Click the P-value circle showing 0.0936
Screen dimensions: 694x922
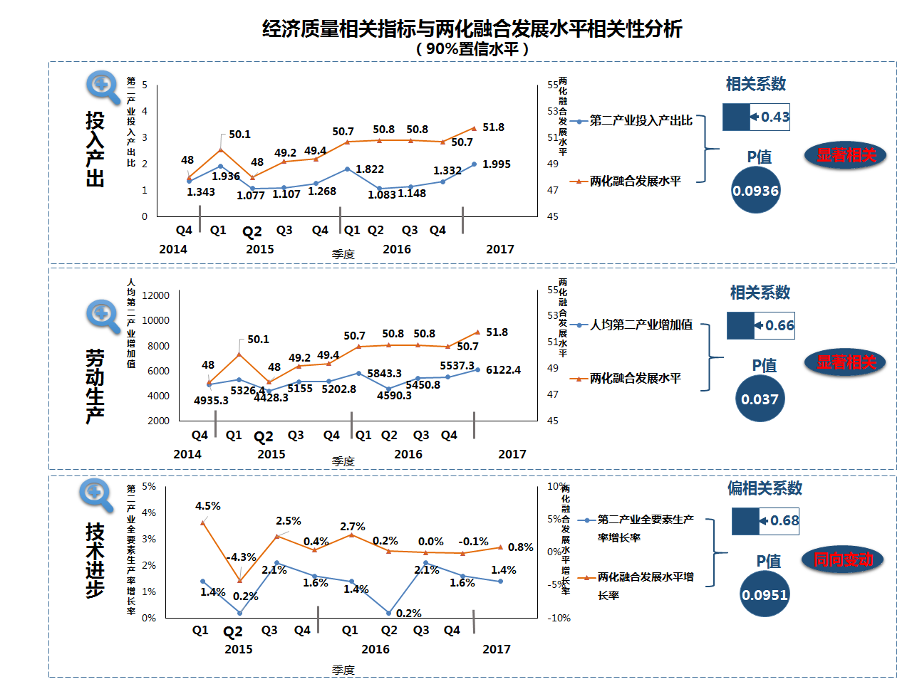(x=756, y=190)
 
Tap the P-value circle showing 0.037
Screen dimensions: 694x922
(x=760, y=399)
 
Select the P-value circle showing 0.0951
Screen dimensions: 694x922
(x=765, y=594)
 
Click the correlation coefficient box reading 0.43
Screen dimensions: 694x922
(x=756, y=117)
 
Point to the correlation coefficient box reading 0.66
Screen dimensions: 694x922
(x=760, y=326)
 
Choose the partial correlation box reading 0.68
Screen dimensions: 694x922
(x=765, y=521)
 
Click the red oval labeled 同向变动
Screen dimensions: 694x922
(x=844, y=560)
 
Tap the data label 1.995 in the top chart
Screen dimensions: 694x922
(x=497, y=164)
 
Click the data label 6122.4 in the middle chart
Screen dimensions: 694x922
(x=503, y=370)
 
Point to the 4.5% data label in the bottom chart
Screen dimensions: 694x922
(x=208, y=506)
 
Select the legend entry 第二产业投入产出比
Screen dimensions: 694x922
(x=641, y=121)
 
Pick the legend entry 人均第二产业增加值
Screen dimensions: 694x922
(x=641, y=325)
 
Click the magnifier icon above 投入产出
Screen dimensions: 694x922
(x=103, y=87)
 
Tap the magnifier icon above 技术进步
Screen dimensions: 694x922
(x=96, y=495)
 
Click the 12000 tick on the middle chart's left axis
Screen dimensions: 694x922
(x=155, y=295)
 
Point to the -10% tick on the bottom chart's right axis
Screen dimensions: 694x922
(x=559, y=618)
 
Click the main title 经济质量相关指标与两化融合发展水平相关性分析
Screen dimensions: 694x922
(x=472, y=29)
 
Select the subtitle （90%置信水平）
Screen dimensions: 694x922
(x=472, y=49)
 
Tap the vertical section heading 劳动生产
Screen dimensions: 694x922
(x=95, y=386)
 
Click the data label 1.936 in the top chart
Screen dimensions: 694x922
(x=226, y=177)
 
